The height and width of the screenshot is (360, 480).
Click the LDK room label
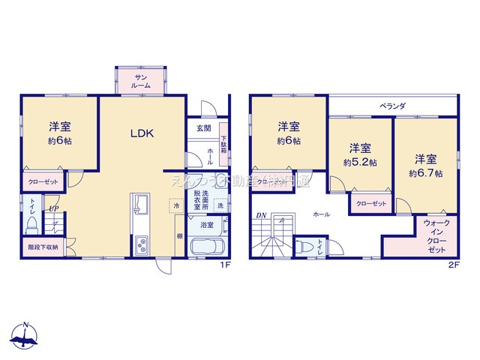pos(142,134)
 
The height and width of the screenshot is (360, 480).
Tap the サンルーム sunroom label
pos(142,81)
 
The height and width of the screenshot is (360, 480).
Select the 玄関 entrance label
pos(204,129)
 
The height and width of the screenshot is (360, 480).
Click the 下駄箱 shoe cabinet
pos(223,139)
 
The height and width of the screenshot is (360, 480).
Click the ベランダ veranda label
pos(392,106)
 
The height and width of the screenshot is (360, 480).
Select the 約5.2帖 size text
pos(360,162)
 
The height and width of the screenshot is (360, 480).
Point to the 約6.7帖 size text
pos(425,173)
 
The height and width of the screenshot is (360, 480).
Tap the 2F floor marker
pos(452,265)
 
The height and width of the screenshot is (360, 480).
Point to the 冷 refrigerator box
pos(175,205)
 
